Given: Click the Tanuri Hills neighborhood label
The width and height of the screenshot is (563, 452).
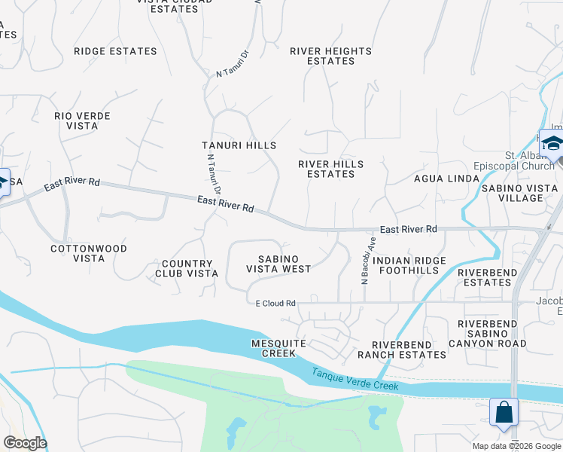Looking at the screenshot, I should pos(239,145).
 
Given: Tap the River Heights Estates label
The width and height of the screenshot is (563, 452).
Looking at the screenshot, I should pos(331,56).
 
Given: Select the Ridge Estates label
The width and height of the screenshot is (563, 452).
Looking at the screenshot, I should pos(115,51).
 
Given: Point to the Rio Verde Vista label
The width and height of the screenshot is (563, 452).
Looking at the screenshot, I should pos(82,121).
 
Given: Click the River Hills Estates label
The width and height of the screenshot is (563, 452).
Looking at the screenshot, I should pos(330,169).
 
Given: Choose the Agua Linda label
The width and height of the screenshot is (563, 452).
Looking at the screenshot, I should pos(446,179).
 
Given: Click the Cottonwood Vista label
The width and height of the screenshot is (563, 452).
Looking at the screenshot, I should pos(88,253).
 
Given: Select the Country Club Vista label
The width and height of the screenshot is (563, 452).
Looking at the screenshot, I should pos(187,269).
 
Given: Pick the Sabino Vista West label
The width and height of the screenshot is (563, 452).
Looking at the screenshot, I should pos(278,264).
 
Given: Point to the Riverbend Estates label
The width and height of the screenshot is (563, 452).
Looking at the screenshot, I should pos(486,277).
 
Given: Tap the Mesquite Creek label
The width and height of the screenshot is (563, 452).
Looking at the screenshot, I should pos(278,349).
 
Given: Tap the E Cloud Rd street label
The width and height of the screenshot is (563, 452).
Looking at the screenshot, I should pos(275,303).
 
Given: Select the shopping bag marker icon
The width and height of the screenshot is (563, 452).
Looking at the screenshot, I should pos(504,412).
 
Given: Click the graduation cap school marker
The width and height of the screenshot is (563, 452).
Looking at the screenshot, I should pos(552,144).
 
